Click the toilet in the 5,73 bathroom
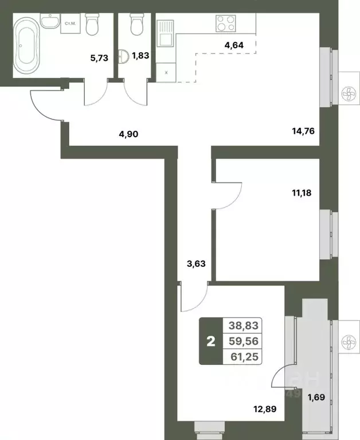[92, 24]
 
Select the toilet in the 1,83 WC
[136, 25]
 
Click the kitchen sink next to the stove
[166, 32]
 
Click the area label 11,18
[303, 193]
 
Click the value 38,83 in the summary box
[244, 325]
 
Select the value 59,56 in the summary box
[244, 341]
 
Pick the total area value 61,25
[244, 356]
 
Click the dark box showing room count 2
[210, 341]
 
